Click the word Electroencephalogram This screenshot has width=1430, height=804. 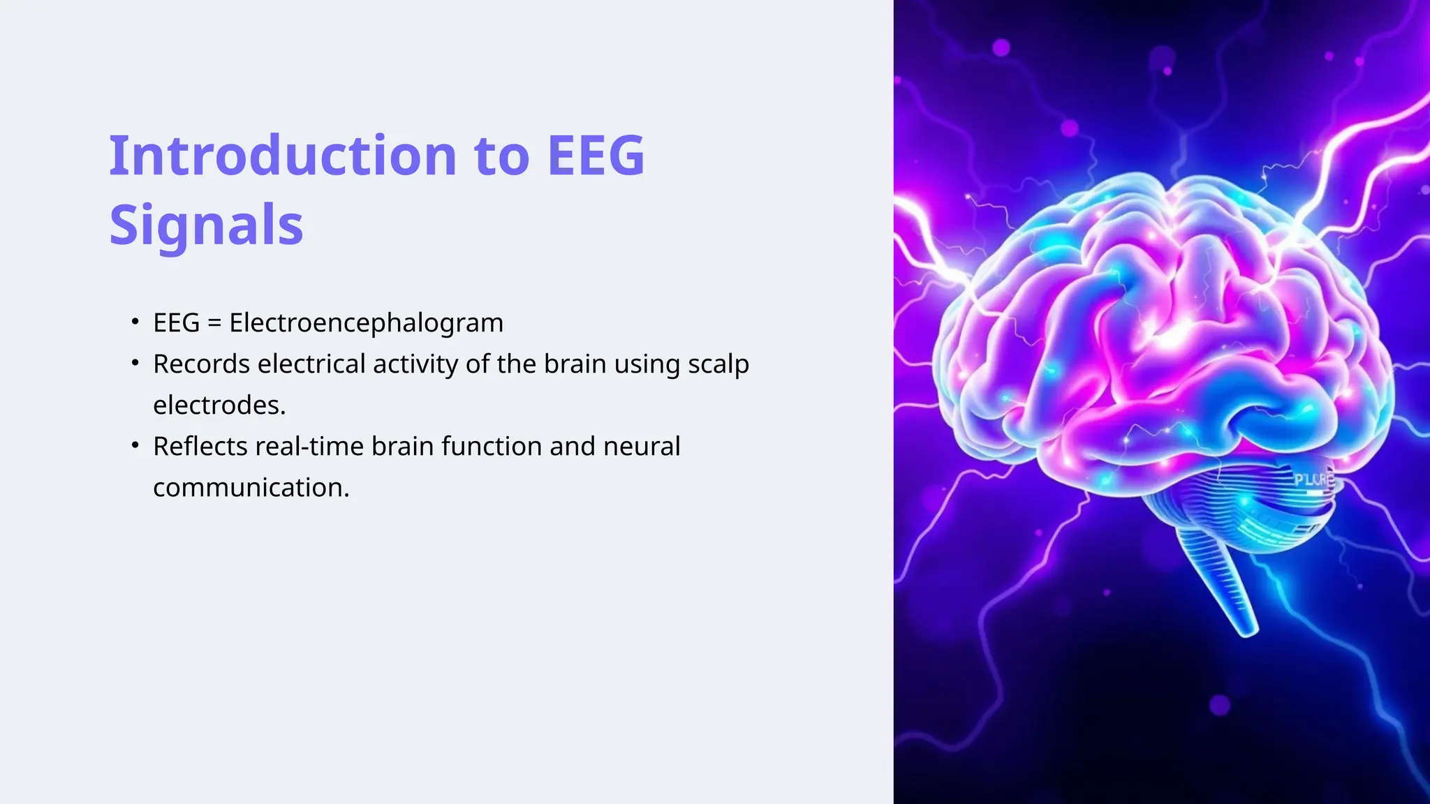click(x=366, y=323)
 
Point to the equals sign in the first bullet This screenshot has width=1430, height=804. click(x=214, y=324)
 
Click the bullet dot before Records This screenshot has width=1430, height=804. click(x=135, y=363)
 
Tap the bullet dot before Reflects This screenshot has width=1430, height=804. click(x=135, y=445)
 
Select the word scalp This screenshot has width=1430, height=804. click(x=718, y=365)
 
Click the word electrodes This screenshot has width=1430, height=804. click(x=219, y=405)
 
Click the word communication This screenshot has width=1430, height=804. click(x=251, y=488)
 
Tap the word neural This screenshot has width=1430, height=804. click(x=641, y=447)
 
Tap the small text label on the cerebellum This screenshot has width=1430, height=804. click(x=1313, y=480)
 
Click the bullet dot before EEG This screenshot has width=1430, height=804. click(x=135, y=322)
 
